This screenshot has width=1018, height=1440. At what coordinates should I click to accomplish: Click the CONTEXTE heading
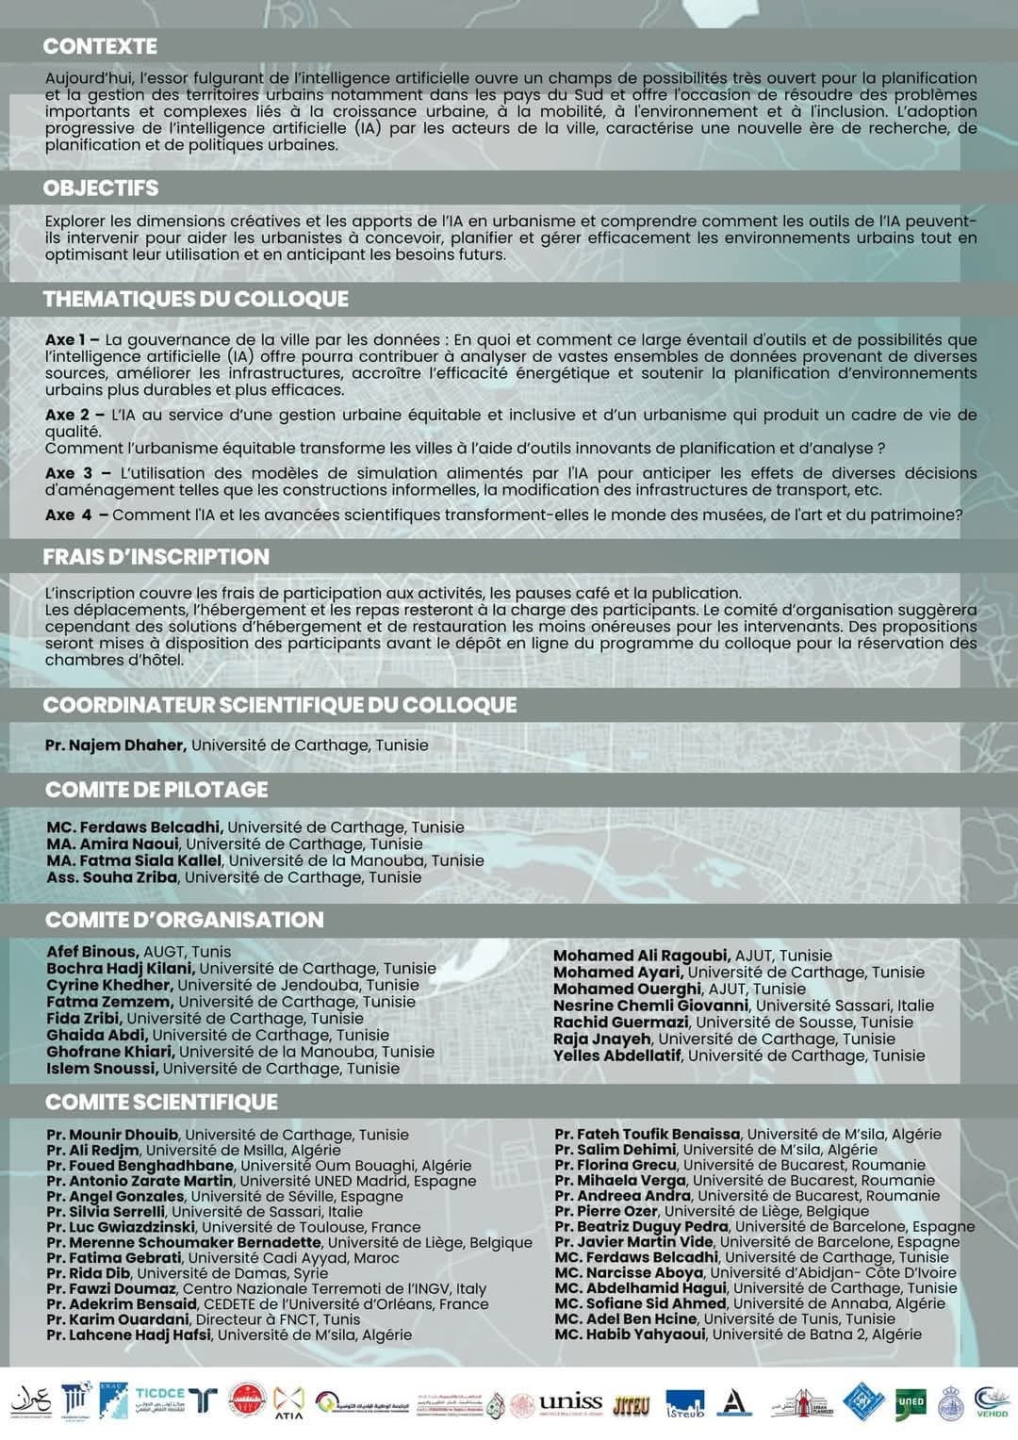click(100, 46)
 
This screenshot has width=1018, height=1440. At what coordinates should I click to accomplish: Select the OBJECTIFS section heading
click(101, 188)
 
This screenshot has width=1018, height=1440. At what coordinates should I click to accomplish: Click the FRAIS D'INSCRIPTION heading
click(156, 557)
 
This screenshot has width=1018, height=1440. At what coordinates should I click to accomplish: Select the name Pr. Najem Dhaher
click(114, 745)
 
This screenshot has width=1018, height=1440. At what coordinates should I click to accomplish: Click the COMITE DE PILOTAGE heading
click(156, 790)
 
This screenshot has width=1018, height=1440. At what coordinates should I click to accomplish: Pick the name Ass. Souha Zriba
click(111, 877)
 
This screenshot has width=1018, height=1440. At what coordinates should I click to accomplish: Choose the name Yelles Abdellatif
click(616, 1055)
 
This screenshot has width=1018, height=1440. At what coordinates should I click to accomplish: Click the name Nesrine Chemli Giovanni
click(650, 1006)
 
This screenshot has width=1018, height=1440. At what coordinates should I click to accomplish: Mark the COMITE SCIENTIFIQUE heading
click(161, 1102)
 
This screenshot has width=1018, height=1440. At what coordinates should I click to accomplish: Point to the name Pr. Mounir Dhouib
click(112, 1135)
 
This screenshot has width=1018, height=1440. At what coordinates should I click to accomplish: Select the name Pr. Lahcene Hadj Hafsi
click(128, 1334)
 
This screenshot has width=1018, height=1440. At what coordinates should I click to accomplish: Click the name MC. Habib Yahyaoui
click(629, 1334)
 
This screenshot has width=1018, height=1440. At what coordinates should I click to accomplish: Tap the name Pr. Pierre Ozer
click(606, 1211)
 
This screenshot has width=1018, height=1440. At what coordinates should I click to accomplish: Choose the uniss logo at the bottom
click(569, 1402)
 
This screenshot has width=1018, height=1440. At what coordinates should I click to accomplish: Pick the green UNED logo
click(910, 1402)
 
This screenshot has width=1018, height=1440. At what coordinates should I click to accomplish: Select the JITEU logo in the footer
click(631, 1404)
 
